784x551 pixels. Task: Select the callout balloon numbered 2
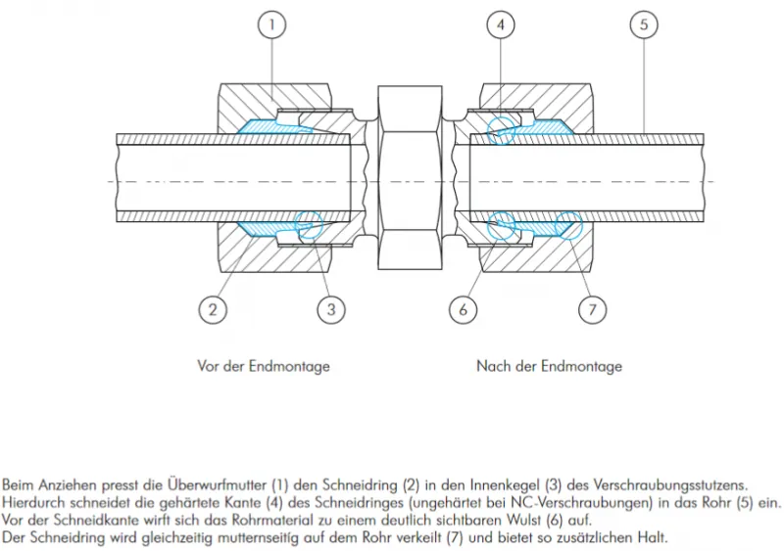[213, 309]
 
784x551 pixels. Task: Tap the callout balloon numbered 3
[331, 309]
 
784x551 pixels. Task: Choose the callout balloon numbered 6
[464, 309]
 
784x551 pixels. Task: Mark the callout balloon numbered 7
[592, 309]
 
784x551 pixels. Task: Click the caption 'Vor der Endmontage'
[264, 366]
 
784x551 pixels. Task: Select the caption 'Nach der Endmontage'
[549, 366]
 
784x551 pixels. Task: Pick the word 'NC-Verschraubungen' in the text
[570, 503]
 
